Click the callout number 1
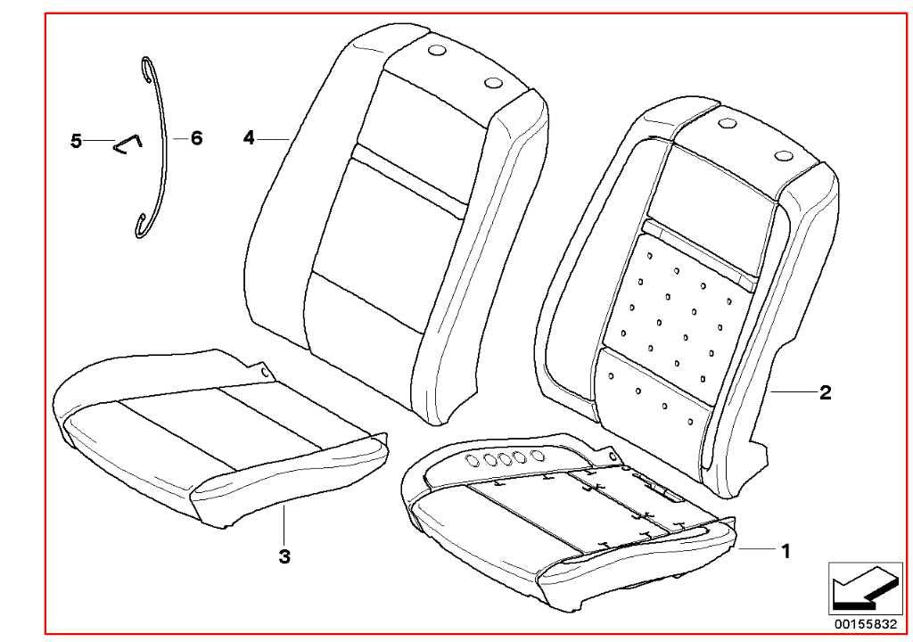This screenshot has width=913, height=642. [786, 550]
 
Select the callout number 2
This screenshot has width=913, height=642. [825, 392]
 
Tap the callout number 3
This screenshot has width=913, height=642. [284, 556]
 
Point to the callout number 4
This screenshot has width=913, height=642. [250, 138]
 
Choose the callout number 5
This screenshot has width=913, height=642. [76, 141]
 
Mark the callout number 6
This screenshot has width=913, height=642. [196, 138]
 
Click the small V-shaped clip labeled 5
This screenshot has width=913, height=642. [127, 144]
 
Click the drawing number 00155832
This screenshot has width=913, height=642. [867, 623]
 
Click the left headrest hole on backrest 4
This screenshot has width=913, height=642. [435, 51]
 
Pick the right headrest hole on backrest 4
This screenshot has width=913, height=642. [493, 82]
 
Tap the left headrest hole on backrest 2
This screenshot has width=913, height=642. [728, 124]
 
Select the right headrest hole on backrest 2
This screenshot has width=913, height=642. [784, 155]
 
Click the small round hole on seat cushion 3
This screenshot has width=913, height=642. [264, 371]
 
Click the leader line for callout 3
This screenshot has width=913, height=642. [284, 524]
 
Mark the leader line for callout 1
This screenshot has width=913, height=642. [758, 548]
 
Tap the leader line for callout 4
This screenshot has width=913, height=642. [274, 138]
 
